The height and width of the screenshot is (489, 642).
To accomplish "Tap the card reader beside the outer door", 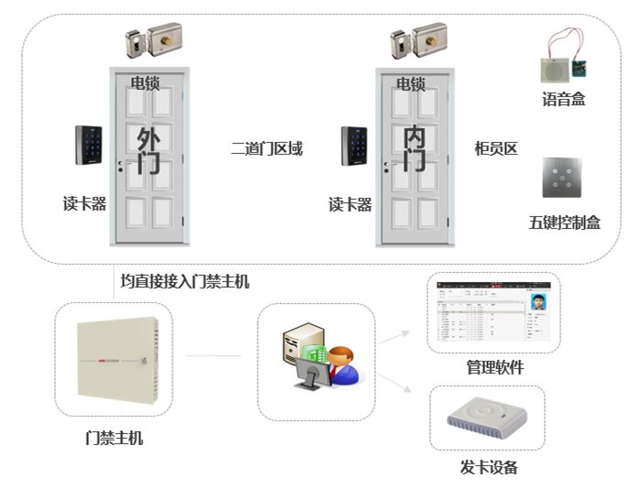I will point(89,145).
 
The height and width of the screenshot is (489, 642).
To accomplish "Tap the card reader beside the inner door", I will point(354,145).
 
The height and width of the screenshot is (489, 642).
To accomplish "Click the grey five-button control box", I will point(561,178).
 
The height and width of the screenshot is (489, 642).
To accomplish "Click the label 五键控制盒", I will point(564,223).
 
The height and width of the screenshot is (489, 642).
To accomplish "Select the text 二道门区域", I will point(267,148).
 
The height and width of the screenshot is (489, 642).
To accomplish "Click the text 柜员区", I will point(496,148).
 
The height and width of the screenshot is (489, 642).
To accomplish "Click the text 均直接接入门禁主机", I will point(184,280).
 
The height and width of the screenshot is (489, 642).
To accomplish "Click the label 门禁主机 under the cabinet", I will point(114,438).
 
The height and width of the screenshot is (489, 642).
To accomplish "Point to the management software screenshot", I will point(494,312).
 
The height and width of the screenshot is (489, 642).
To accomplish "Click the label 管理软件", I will point(494,368).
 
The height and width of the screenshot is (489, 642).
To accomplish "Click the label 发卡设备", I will point(489,468).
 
